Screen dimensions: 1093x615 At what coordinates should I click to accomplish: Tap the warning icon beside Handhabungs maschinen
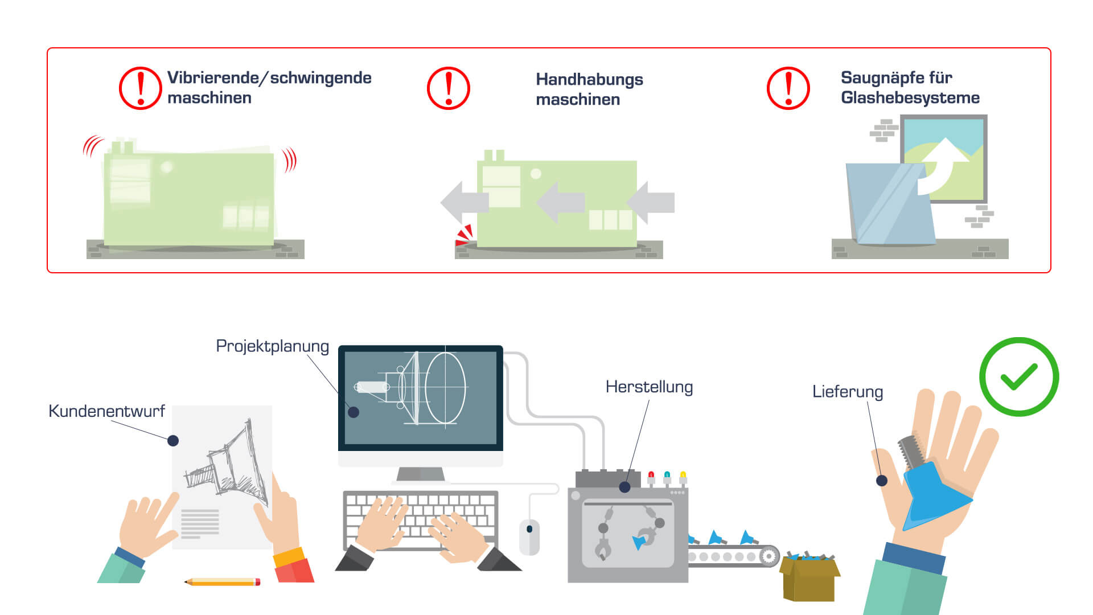pyautogui.click(x=449, y=88)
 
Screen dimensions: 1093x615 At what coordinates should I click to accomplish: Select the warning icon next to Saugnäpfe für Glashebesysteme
pyautogui.click(x=788, y=88)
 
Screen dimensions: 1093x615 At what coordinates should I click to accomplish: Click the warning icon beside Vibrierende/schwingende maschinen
pyautogui.click(x=141, y=88)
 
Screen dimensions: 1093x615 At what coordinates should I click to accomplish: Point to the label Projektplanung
pyautogui.click(x=272, y=346)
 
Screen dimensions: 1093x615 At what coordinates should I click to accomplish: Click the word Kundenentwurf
pyautogui.click(x=106, y=411)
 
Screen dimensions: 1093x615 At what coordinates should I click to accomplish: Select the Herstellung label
pyautogui.click(x=649, y=387)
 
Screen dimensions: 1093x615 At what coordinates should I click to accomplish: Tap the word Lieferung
pyautogui.click(x=848, y=392)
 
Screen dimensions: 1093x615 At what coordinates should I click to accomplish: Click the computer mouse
pyautogui.click(x=529, y=537)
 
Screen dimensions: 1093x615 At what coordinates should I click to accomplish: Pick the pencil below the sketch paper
pyautogui.click(x=223, y=582)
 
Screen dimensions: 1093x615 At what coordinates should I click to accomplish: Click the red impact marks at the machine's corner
pyautogui.click(x=465, y=235)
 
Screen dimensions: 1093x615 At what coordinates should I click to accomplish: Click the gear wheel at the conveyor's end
pyautogui.click(x=769, y=556)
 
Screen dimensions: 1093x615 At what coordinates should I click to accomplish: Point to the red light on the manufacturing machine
pyautogui.click(x=651, y=477)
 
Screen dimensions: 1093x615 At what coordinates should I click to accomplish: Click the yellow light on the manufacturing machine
pyautogui.click(x=683, y=477)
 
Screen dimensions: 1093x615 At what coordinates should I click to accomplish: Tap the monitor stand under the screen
pyautogui.click(x=421, y=474)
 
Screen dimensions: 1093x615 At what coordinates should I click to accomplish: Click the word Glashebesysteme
pyautogui.click(x=910, y=98)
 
